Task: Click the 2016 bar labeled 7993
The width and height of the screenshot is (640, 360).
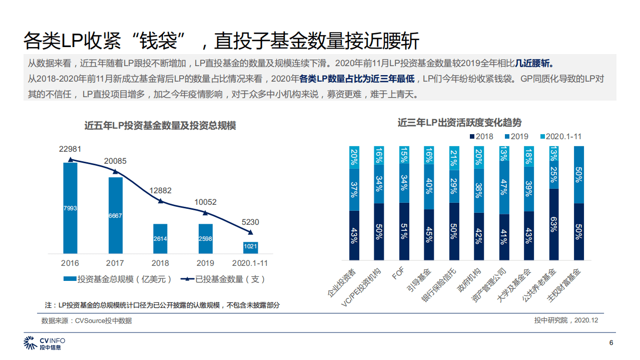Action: coord(70,208)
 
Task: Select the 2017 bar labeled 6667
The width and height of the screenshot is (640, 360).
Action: coord(115,215)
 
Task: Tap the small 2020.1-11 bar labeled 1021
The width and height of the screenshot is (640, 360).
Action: coord(250,247)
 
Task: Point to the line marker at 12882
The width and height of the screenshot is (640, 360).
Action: coord(160,201)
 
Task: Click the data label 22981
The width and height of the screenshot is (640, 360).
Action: coord(70,149)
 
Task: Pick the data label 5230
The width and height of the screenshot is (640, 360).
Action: coord(250,222)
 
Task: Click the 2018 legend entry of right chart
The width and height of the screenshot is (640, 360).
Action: coord(481,136)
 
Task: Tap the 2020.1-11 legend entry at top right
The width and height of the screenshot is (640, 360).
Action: coord(560,136)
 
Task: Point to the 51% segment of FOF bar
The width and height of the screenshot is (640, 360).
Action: coord(404,231)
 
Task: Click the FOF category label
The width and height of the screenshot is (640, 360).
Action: coord(398,275)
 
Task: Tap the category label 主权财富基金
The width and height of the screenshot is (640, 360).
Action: coord(565,285)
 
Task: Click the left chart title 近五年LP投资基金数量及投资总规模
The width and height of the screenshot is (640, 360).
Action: coord(160,126)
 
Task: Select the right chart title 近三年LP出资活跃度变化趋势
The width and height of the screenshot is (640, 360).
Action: coord(459,122)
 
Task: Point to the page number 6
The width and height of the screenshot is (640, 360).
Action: coord(611,343)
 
